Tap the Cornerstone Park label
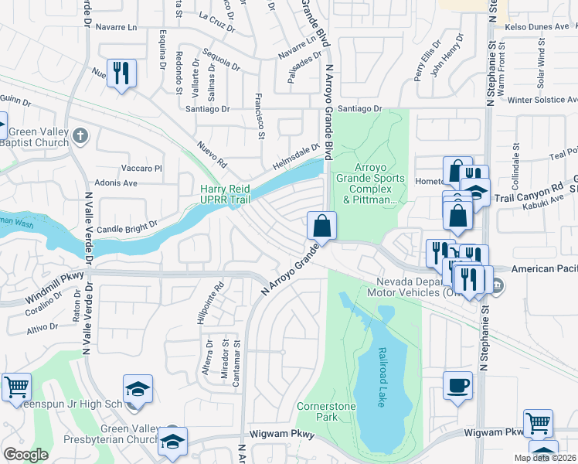(318, 411)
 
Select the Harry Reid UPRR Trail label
(226, 194)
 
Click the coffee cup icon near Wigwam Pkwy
(457, 385)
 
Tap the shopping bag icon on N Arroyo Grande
(322, 226)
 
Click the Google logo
(25, 454)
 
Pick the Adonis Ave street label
(118, 183)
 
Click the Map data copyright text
(545, 458)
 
